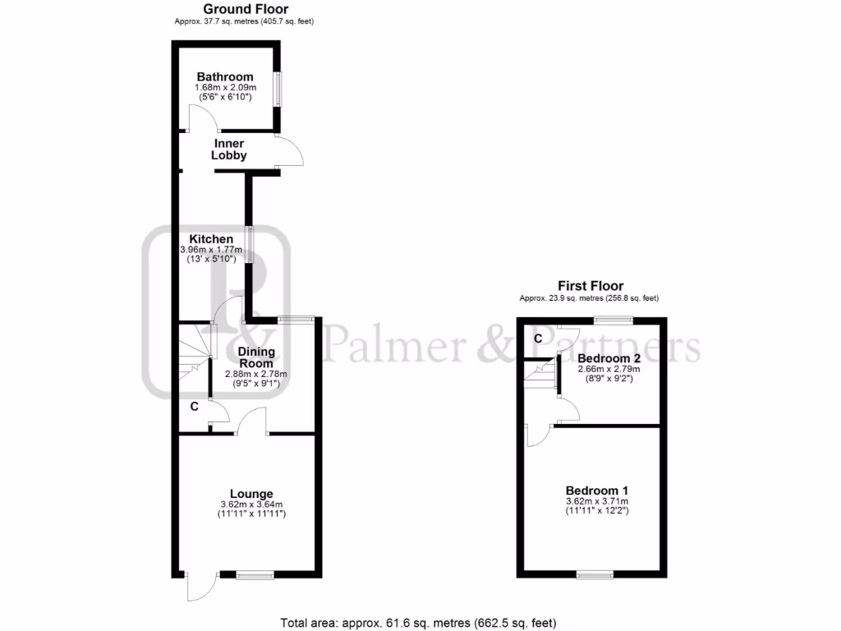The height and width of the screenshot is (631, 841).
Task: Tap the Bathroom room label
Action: coord(224,77)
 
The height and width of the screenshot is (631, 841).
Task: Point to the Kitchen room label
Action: coord(208,239)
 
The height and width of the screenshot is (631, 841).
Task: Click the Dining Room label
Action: coord(256,357)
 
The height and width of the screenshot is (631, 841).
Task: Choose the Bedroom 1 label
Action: coord(596,491)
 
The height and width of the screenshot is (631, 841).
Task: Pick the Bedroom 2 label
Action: coord(609,358)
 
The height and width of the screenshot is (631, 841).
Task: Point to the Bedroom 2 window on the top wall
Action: coord(614,320)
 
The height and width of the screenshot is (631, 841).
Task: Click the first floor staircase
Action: coord(540,380)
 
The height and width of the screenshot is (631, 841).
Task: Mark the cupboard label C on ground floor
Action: coord(195,407)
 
